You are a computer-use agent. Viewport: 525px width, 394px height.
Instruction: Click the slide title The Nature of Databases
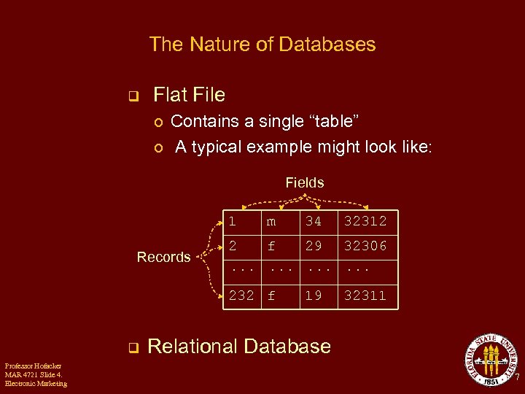coord(262,45)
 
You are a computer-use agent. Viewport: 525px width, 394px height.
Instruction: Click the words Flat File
coord(189,95)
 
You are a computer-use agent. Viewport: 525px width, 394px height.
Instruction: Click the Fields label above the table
coord(305,182)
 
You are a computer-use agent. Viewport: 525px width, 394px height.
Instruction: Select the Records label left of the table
coord(164,257)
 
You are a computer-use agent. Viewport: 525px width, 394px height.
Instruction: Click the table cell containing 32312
coord(365,221)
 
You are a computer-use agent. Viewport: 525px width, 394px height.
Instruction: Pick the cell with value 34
coord(314,221)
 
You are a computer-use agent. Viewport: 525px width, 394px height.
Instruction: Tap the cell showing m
coord(271,221)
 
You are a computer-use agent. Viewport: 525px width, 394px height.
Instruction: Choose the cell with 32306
coord(365,246)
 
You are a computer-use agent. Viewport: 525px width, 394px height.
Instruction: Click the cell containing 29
coord(314,246)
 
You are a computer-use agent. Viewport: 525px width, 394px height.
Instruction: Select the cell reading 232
coord(241,295)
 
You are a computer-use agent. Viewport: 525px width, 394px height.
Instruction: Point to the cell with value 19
coord(314,295)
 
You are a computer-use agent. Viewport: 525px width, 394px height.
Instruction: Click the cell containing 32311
coord(365,295)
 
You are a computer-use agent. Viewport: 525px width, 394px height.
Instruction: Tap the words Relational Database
coord(239,346)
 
